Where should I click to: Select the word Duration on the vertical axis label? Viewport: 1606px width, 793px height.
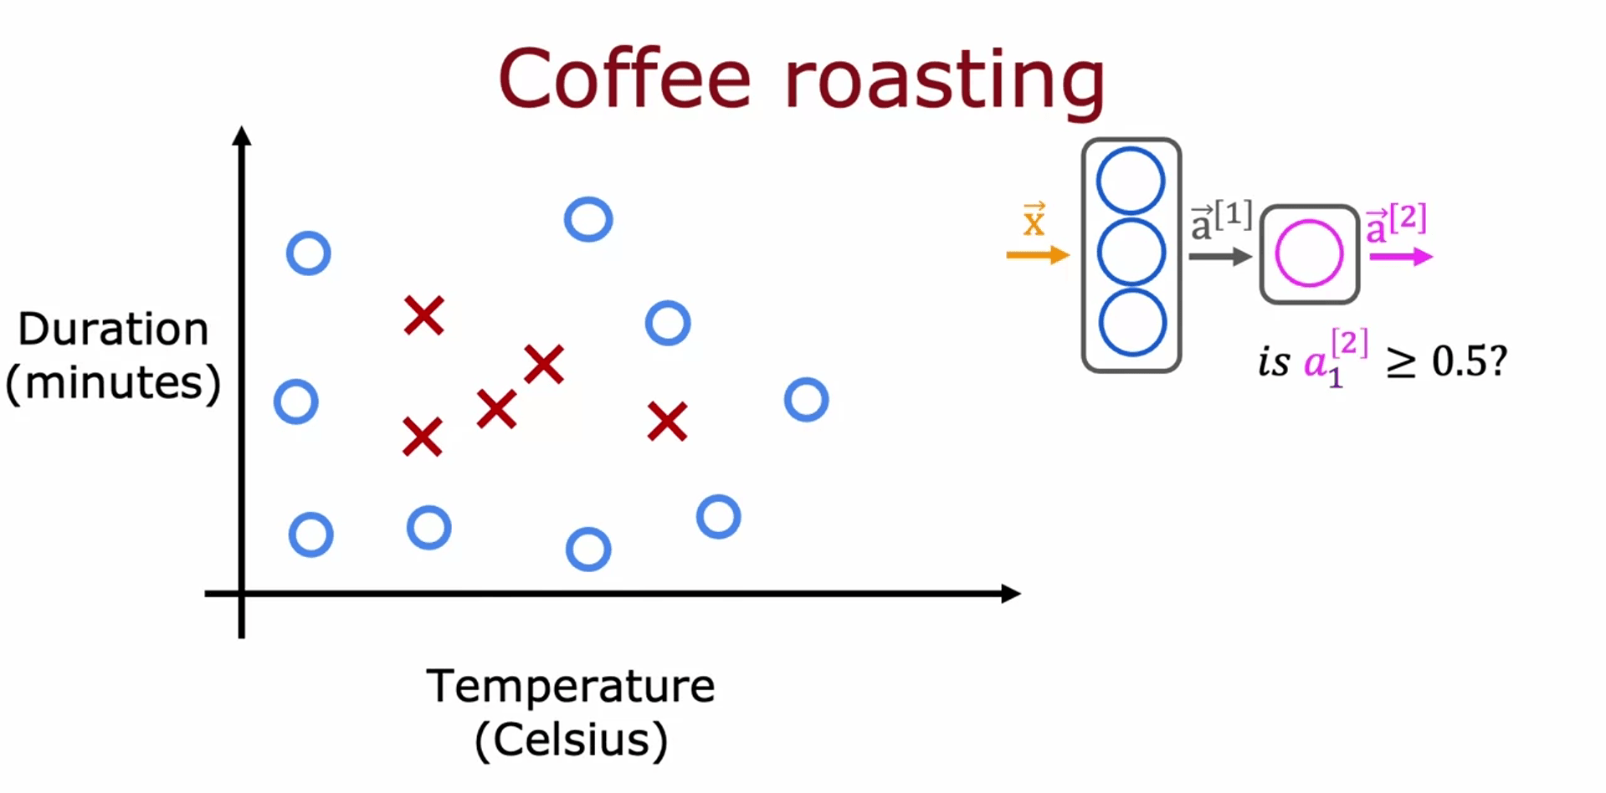[x=113, y=329]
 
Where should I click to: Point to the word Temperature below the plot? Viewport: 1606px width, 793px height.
[x=571, y=686]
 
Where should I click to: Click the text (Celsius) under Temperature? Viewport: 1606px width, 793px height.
[x=571, y=739]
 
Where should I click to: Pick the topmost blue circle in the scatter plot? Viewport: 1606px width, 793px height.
[x=588, y=220]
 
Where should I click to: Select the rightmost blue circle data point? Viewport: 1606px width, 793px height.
[x=806, y=400]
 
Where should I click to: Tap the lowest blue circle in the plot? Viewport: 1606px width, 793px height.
[x=588, y=550]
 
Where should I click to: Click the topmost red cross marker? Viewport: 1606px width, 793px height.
[x=423, y=315]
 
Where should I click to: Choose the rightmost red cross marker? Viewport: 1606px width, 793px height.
[x=667, y=422]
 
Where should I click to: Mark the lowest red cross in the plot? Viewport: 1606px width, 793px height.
[x=422, y=437]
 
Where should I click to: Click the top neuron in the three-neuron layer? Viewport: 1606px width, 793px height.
[x=1131, y=181]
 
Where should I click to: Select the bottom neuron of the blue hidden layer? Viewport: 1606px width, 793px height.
[x=1131, y=323]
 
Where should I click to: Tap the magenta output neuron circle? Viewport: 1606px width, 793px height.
[x=1309, y=253]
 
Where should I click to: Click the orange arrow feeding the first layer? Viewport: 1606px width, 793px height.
[x=1037, y=255]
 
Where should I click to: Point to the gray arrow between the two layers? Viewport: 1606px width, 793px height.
[x=1219, y=257]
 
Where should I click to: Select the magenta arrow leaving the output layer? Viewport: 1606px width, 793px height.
[x=1400, y=257]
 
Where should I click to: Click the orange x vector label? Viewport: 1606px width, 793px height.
[x=1034, y=221]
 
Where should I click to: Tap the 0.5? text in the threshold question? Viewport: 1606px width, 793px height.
[x=1469, y=361]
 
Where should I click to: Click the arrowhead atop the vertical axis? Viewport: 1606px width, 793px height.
[x=242, y=136]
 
